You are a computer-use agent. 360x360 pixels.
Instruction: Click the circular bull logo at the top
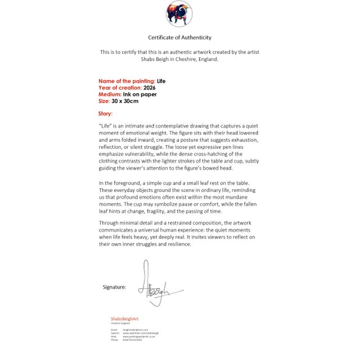pos(179,13)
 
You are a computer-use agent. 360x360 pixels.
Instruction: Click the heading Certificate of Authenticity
pos(179,38)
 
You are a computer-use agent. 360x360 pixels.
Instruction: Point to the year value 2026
pos(150,88)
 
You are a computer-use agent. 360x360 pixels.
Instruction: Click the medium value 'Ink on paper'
pos(141,94)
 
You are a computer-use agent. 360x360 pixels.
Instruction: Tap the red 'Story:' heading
pos(105,114)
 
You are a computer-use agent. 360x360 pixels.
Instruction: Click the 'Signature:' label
pos(114,287)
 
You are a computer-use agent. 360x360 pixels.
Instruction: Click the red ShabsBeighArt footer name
pos(124,319)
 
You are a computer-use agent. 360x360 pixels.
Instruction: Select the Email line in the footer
pos(133,330)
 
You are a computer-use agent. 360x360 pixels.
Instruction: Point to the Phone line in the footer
pos(126,340)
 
